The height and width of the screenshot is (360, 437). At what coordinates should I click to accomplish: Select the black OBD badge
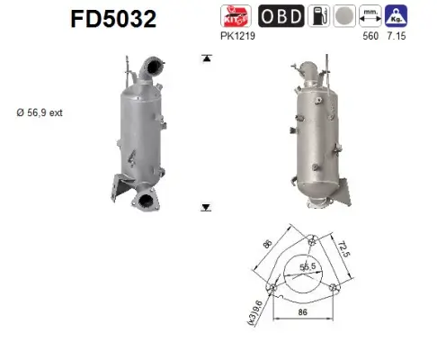[281, 17]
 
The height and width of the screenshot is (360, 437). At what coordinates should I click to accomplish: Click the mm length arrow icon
[369, 17]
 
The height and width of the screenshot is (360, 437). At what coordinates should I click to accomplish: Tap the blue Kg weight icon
[396, 17]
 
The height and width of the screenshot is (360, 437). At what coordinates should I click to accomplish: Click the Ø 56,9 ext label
[38, 112]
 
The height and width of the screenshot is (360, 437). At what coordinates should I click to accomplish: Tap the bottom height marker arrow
[206, 207]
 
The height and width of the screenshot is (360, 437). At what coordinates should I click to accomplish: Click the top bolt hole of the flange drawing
[309, 238]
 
